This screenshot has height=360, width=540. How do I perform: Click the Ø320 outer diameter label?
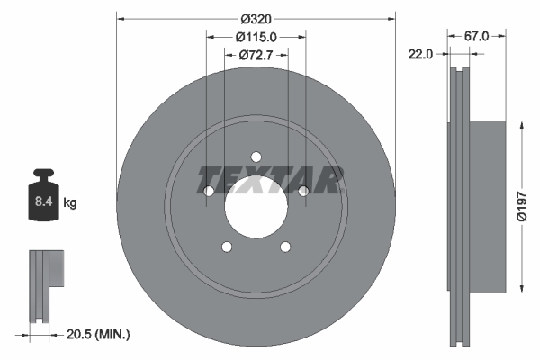pos(256,16)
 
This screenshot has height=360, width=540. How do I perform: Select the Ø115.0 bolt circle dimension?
pos(256,37)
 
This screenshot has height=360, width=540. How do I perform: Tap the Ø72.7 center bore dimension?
pos(256,56)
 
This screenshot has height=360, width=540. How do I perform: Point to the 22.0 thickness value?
pos(421,54)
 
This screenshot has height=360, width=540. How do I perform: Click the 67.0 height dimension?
pos(476,36)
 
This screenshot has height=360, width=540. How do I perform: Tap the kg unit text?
pos(70,203)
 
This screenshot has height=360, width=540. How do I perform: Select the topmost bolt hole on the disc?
pos(256,155)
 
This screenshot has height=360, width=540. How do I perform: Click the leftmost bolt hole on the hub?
pos(209,191)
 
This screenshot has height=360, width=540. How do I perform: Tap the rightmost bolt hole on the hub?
pos(303,191)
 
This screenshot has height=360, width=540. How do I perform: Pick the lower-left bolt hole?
pos(227,247)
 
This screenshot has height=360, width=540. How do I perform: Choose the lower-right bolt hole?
pos(285,247)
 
